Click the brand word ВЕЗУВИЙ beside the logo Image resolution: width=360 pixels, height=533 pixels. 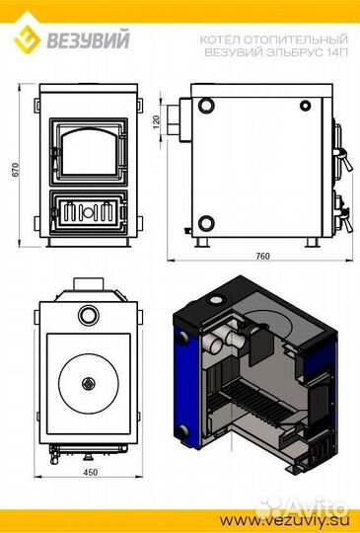(x=88, y=39)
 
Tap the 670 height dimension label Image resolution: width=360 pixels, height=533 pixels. (x=16, y=170)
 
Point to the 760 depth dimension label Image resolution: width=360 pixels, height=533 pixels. (x=263, y=256)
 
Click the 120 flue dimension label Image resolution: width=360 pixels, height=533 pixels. (x=156, y=121)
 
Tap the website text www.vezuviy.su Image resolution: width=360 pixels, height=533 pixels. (x=283, y=520)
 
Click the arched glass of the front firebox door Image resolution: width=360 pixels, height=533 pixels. (x=90, y=151)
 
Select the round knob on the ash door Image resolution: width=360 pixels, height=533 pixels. (x=88, y=212)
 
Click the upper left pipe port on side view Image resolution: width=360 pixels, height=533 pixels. (x=206, y=106)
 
